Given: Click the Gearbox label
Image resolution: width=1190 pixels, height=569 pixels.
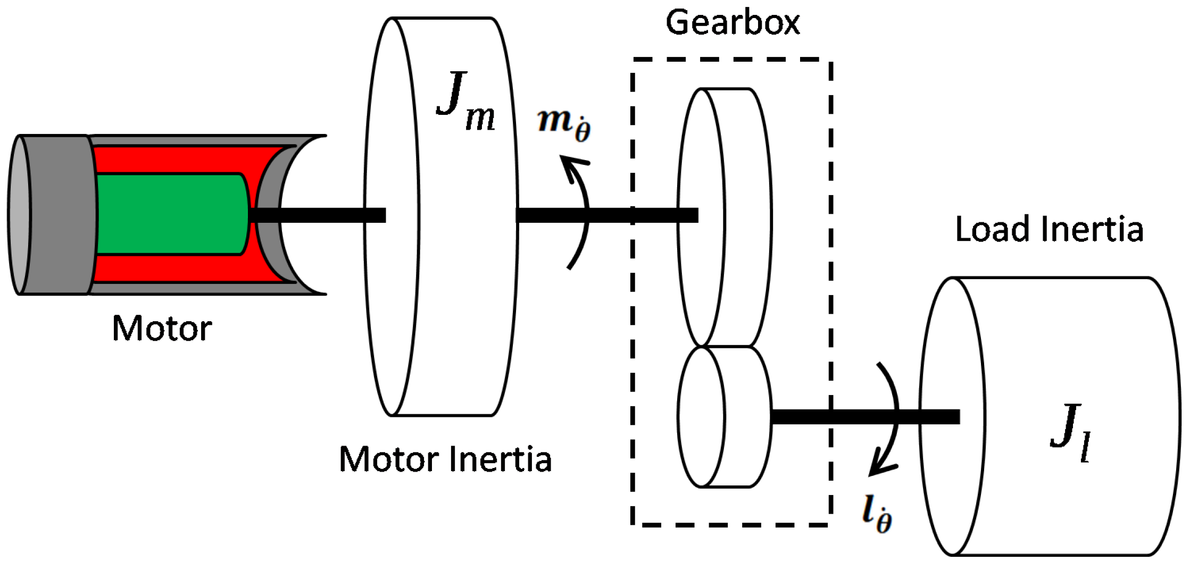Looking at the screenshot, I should click(x=733, y=23).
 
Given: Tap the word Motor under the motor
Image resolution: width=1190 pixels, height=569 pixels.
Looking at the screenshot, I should click(x=162, y=329).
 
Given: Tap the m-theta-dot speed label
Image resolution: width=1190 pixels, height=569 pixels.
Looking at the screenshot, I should click(x=564, y=123).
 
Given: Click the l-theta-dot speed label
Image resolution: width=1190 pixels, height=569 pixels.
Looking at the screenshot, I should click(x=877, y=514).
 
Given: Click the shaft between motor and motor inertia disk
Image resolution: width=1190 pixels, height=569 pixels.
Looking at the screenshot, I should click(x=319, y=215).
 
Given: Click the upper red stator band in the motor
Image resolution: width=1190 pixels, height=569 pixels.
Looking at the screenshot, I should click(x=186, y=159).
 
